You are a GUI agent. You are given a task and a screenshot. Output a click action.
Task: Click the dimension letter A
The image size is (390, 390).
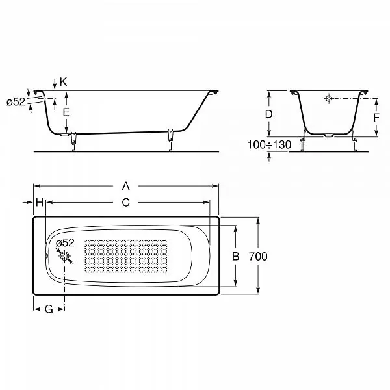coord(126,186)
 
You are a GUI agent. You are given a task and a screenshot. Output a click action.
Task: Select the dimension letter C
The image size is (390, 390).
coord(126,202)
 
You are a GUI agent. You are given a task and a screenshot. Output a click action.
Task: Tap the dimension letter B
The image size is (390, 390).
coord(235,256)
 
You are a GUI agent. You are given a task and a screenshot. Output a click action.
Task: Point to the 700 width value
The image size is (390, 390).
coord(258,257)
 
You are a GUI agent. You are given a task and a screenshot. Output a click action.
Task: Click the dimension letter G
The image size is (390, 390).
coord(49,309)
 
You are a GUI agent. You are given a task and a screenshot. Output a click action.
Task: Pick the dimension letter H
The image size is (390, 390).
coord(40,202)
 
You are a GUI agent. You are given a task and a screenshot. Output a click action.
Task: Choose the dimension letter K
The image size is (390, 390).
coord(64,82)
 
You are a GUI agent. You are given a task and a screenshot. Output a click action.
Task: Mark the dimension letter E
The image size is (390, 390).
coord(66,112)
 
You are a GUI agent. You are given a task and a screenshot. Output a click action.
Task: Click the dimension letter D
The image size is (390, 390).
coord(268,114)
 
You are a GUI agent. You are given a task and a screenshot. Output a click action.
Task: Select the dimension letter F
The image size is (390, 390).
coord(376,118)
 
